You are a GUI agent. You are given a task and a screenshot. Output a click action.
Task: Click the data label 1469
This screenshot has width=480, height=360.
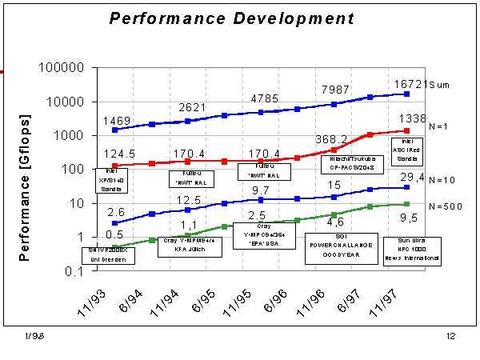coord(117,119)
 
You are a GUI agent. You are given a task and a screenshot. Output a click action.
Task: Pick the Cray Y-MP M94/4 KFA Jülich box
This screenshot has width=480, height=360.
coord(182,245)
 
